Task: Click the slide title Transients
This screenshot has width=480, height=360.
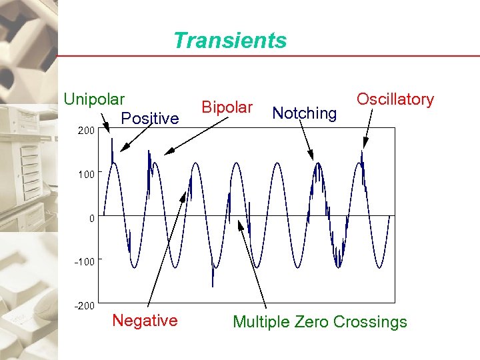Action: pyautogui.click(x=230, y=41)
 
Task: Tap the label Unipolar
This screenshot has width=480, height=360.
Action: pyautogui.click(x=94, y=99)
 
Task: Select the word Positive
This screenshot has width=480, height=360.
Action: pyautogui.click(x=150, y=119)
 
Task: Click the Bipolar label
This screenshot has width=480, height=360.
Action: pyautogui.click(x=227, y=107)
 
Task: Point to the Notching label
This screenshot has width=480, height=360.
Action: pyautogui.click(x=305, y=113)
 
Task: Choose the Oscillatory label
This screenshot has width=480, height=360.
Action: pyautogui.click(x=395, y=99)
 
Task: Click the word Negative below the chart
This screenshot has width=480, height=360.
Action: pyautogui.click(x=145, y=321)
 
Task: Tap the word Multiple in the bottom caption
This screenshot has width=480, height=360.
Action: pyautogui.click(x=261, y=323)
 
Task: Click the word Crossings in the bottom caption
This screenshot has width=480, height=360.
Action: pyautogui.click(x=371, y=323)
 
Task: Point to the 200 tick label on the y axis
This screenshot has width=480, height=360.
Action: pyautogui.click(x=85, y=131)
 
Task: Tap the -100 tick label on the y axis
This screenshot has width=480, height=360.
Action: pyautogui.click(x=84, y=261)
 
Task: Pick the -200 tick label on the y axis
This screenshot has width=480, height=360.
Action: pyautogui.click(x=84, y=305)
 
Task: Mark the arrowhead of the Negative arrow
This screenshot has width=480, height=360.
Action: pyautogui.click(x=185, y=196)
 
